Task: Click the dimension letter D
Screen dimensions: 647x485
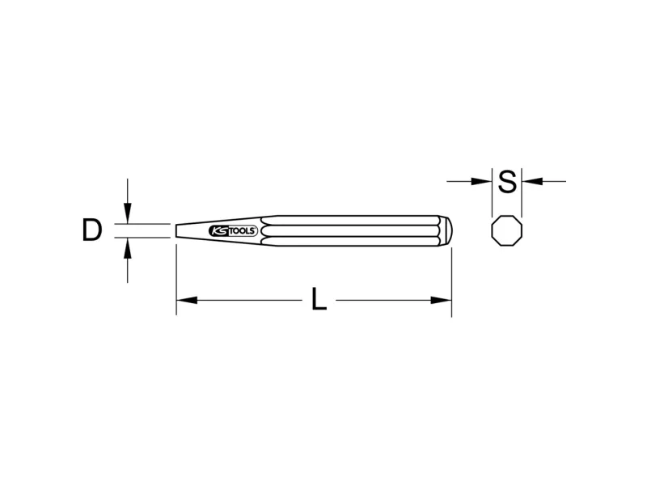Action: point(92,230)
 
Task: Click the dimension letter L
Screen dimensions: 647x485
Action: point(319,299)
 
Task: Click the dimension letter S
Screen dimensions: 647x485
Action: point(507,181)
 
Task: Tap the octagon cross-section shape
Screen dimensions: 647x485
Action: point(507,230)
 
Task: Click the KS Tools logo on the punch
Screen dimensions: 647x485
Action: point(233,230)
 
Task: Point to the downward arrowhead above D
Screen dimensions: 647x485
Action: point(128,213)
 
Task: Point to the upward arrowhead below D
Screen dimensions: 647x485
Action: point(128,248)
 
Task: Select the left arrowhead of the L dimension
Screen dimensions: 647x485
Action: point(187,300)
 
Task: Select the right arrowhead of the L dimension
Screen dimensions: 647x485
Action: point(441,300)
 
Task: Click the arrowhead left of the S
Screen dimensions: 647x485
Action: point(481,181)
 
